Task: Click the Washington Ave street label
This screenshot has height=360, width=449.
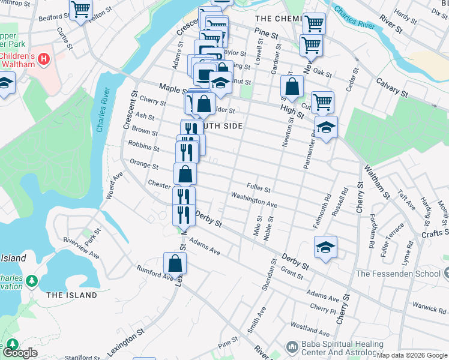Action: pos(254,200)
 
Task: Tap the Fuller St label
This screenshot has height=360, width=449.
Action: pos(259,188)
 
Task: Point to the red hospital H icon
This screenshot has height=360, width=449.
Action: pos(43,59)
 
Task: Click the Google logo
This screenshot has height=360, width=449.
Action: pos(20,353)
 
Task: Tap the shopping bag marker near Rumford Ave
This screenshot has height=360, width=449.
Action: pos(175,263)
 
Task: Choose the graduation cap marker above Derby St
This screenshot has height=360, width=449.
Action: pos(325,247)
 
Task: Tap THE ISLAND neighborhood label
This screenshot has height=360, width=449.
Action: pos(71,295)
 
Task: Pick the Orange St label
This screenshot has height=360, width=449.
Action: pos(144,164)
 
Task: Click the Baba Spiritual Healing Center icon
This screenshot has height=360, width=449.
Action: pos(292,347)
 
